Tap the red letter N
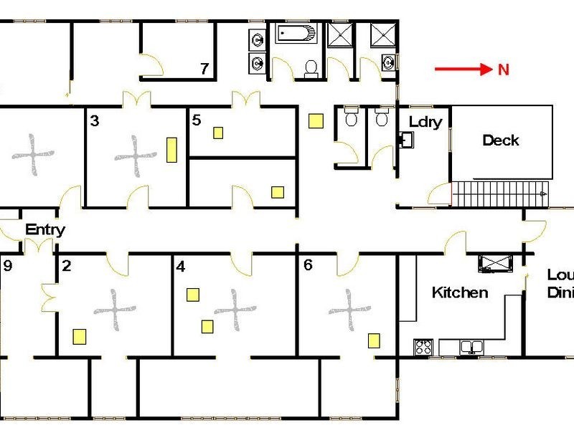[504, 69]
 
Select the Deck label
[500, 140]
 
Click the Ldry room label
[425, 122]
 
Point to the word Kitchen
[460, 292]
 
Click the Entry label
[45, 229]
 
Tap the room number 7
[204, 68]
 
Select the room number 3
[95, 120]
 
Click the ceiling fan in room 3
[136, 156]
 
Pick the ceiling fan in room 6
[349, 310]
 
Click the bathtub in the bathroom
[296, 34]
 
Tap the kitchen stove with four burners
[423, 347]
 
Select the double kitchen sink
[472, 346]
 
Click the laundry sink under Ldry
[406, 140]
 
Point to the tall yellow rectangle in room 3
[171, 150]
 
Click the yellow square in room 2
[80, 337]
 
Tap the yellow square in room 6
[374, 340]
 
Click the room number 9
[8, 265]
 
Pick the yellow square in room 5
[218, 133]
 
